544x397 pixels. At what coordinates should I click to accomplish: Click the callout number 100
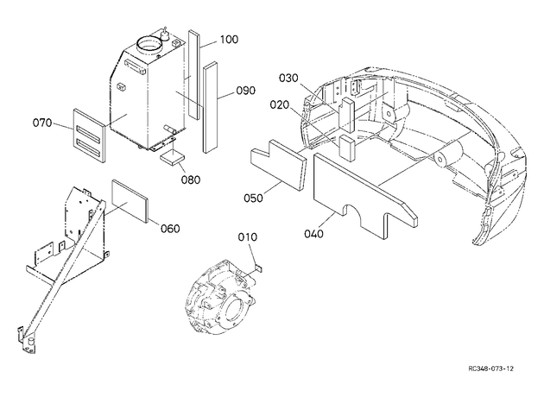230,40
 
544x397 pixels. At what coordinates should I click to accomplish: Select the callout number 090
245,91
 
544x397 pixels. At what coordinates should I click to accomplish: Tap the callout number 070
42,123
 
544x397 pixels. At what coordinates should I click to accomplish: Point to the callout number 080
191,180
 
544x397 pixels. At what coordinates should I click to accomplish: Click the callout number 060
170,229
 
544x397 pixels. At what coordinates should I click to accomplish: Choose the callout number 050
253,198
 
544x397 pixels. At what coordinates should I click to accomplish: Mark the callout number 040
313,234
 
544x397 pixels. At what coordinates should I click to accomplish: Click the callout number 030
288,79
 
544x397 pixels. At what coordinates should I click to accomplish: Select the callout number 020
280,104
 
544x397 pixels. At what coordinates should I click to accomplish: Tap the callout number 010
248,237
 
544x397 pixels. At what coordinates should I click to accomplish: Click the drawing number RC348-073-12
490,369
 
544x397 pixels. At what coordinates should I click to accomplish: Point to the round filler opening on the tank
150,44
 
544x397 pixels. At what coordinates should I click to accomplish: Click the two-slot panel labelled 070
89,135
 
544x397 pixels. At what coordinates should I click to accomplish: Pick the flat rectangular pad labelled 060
130,201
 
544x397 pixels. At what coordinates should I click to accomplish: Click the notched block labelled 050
279,164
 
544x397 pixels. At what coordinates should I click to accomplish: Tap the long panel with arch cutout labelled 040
364,194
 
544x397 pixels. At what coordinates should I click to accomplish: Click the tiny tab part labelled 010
259,268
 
